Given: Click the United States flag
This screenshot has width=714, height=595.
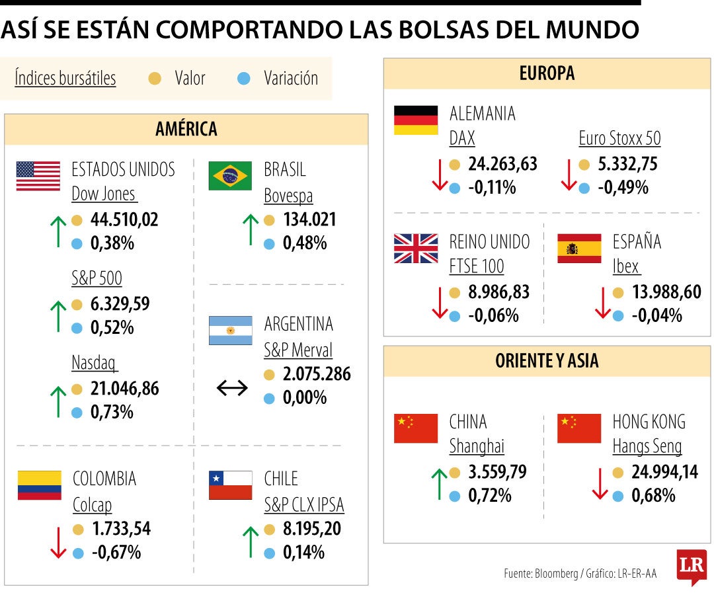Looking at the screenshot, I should [x=38, y=176].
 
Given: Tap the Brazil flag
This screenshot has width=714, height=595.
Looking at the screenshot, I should [x=230, y=176].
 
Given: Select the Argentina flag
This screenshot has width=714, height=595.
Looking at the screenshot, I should [x=230, y=331].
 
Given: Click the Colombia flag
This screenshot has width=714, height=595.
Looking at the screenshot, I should [x=39, y=485].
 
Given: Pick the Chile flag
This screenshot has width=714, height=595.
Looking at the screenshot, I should [x=230, y=485].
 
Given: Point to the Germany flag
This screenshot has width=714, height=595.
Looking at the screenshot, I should [x=416, y=120].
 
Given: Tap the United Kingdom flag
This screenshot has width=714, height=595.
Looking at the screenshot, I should [x=416, y=249].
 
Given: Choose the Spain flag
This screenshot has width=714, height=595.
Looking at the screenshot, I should [x=579, y=249].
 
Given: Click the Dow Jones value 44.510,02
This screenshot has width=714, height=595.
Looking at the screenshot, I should [x=124, y=219].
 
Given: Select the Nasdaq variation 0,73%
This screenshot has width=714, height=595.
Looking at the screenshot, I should [x=112, y=412].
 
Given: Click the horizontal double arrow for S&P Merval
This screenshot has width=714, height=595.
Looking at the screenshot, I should [x=232, y=388].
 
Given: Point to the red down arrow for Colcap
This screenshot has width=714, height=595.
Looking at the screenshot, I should [x=58, y=541].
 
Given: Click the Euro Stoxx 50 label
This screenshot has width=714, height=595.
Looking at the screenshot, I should [x=619, y=138].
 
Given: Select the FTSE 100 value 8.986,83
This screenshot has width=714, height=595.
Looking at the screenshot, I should [x=499, y=292].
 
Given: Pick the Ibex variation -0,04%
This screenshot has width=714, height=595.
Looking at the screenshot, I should [x=656, y=315].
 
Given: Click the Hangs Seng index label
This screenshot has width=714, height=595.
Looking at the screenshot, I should [x=647, y=446].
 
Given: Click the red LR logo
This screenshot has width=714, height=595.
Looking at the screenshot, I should [x=691, y=567].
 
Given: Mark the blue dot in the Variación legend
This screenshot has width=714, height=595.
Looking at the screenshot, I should [x=243, y=79].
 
